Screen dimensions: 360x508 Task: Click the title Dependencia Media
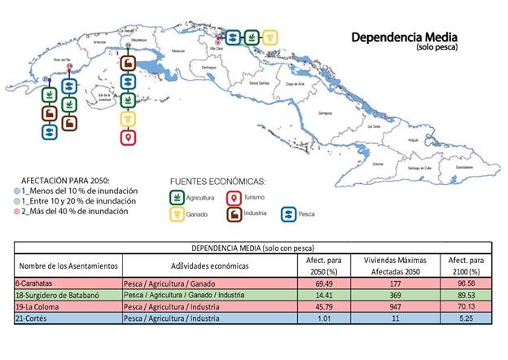404,37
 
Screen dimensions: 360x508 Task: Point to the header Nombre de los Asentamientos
68,266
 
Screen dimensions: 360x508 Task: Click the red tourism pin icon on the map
128,138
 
